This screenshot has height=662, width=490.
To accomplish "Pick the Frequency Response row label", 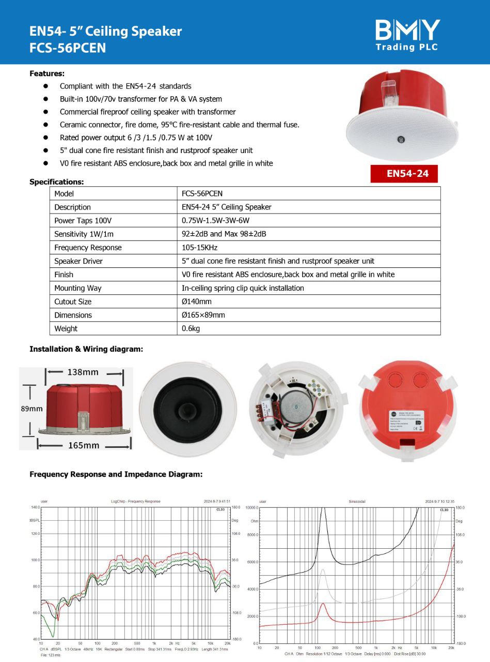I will pos(88,248).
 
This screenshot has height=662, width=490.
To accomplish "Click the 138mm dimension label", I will pos(83,372).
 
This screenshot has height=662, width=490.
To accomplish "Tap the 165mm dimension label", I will pos(84,445).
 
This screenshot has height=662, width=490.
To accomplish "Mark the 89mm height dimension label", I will pos(31,409).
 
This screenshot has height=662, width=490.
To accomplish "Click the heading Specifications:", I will pos(56,182).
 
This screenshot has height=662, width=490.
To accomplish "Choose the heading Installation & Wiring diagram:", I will pos(86,349).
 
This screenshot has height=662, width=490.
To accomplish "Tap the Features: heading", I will pos(46,73).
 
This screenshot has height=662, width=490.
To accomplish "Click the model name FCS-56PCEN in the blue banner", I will pos(68,48).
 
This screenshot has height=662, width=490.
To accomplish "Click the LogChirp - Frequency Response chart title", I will pos(135,501).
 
